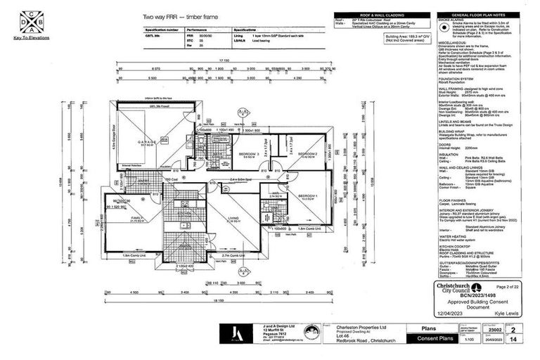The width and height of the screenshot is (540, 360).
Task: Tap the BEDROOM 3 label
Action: click(247, 153)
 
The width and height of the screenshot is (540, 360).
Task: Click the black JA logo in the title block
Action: click(237, 334)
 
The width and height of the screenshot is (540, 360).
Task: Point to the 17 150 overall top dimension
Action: click(224, 61)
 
